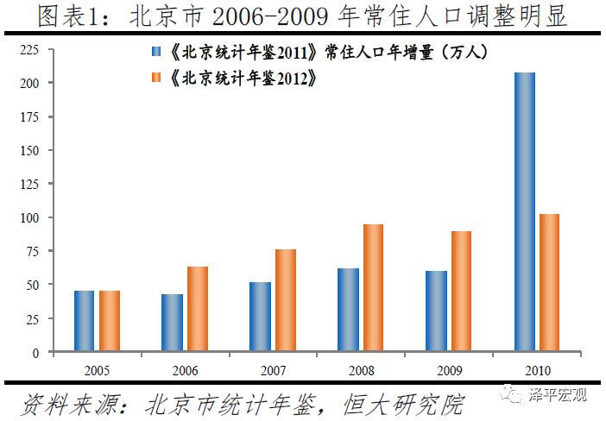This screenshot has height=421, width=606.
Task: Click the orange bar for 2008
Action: click(373, 288)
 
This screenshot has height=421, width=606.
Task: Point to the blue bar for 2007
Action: click(260, 317)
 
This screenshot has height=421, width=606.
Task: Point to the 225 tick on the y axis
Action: click(30, 51)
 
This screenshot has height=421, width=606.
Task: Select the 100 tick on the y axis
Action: click(30, 217)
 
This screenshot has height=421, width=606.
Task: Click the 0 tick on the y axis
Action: click(36, 352)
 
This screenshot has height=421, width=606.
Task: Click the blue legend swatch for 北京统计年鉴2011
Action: click(156, 53)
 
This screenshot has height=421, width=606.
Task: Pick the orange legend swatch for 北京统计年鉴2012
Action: click(156, 79)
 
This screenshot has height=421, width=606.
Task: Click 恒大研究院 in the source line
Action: click(405, 403)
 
